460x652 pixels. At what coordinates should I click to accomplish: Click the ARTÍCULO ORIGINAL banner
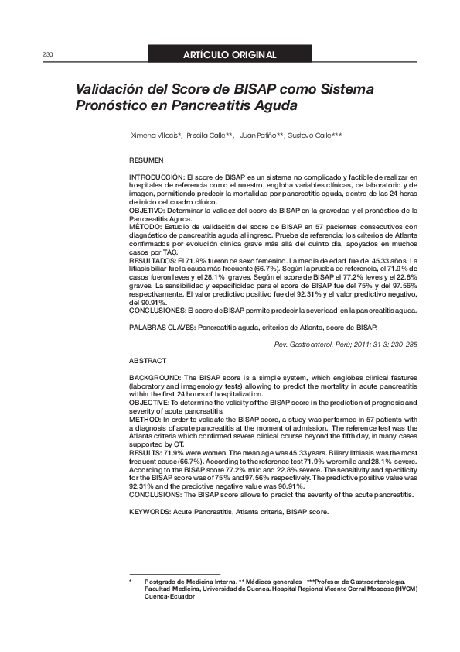(230, 55)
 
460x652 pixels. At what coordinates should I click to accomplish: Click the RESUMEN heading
(146, 160)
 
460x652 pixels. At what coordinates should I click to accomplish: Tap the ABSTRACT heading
(147, 362)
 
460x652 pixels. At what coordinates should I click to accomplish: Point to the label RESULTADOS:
(153, 262)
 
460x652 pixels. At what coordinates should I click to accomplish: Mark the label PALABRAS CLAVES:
(162, 328)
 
